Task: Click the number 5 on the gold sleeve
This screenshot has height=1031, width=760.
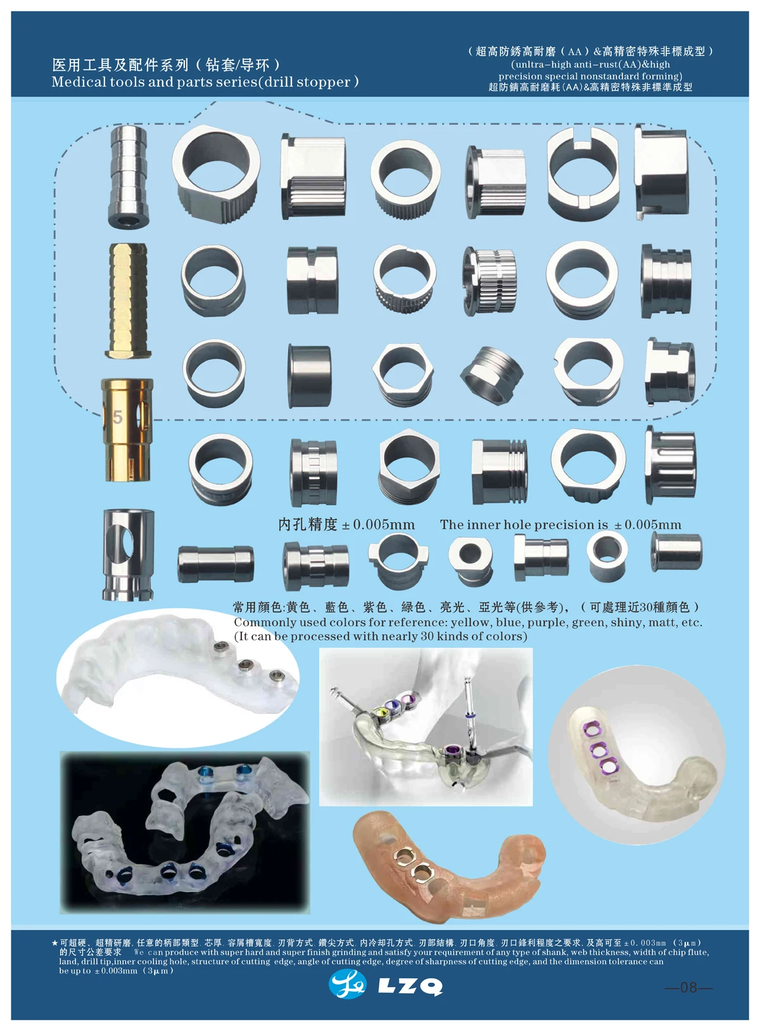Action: (x=117, y=417)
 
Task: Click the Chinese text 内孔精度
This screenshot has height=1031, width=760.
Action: (x=308, y=524)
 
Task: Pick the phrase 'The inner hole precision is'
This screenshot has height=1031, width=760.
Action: (x=524, y=525)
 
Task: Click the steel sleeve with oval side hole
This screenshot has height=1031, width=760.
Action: (x=129, y=554)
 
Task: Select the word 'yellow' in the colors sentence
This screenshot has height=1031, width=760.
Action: (x=470, y=622)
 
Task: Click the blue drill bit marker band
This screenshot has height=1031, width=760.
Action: (x=469, y=715)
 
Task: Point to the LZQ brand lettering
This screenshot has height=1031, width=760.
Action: (x=410, y=987)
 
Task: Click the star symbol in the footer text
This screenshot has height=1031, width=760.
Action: (x=55, y=943)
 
